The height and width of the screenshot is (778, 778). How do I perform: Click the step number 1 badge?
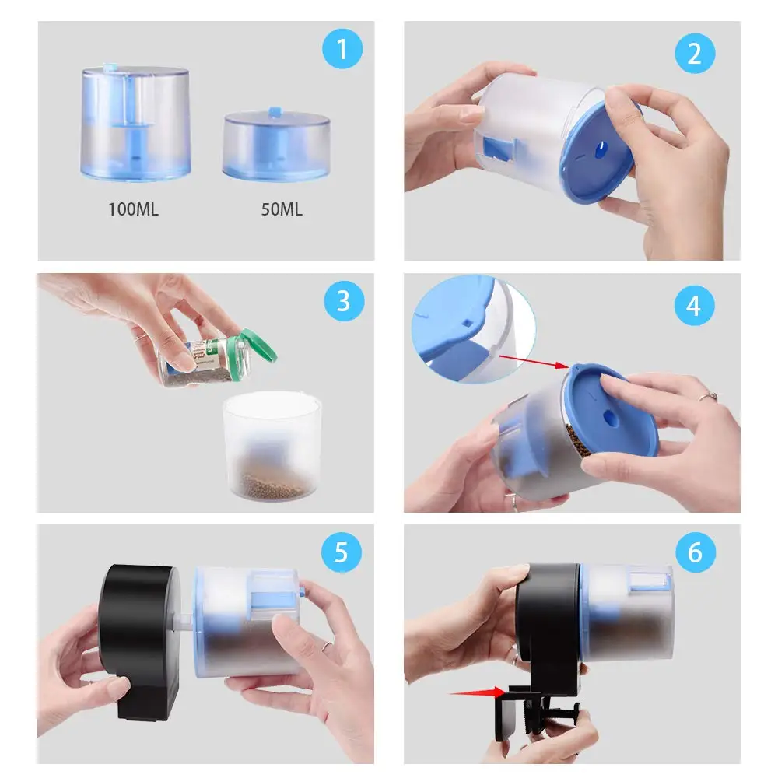342,48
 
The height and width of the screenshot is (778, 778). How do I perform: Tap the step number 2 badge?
695,53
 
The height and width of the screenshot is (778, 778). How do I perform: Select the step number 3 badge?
344,300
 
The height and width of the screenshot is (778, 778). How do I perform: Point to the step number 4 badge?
694,305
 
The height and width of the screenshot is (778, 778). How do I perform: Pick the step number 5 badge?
342,552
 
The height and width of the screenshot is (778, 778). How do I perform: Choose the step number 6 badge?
695,552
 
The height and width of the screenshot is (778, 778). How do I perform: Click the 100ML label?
134,209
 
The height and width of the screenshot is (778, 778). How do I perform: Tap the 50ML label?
282,209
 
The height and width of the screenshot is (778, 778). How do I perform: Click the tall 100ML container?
135,122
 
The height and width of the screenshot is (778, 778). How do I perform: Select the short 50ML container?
276,145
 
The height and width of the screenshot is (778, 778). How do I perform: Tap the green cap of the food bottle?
257,345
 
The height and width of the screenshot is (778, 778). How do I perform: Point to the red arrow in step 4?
534,361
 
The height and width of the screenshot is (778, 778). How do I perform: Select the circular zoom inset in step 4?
473,329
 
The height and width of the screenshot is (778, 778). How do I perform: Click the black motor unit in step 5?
138,640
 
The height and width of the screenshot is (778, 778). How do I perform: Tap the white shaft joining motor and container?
183,622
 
